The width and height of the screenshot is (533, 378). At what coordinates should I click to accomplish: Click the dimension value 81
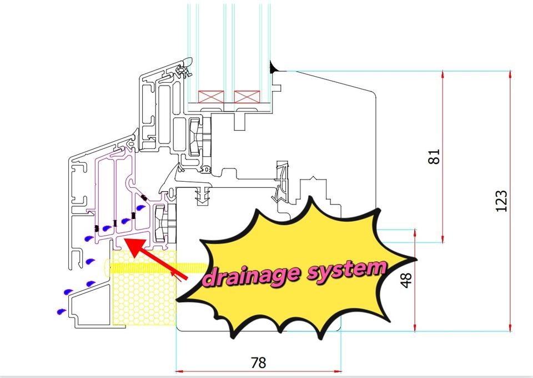click(x=434, y=157)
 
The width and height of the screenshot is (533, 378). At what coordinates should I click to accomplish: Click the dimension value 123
click(x=502, y=201)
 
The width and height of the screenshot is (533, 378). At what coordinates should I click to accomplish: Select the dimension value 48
click(x=406, y=280)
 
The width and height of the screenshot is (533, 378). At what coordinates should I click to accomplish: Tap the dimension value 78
click(x=258, y=362)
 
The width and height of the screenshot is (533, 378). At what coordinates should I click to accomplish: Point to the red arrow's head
click(x=134, y=246)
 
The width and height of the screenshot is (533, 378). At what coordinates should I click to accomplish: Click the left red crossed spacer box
click(x=211, y=97)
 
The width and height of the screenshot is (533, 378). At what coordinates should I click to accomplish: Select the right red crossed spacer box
click(x=247, y=97)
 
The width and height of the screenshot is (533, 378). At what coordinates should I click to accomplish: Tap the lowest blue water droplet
click(x=61, y=311)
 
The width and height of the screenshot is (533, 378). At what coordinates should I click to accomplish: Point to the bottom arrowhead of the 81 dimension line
click(x=443, y=239)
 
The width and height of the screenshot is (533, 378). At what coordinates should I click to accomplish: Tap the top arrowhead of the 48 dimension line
click(x=415, y=233)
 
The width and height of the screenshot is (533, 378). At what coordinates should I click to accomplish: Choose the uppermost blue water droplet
click(x=140, y=207)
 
